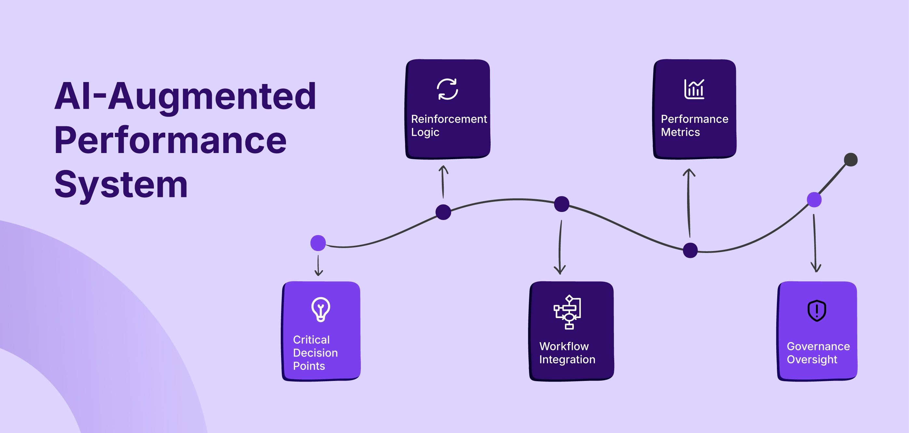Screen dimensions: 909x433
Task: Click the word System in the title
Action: tap(121, 185)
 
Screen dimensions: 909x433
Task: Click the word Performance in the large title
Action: tap(170, 140)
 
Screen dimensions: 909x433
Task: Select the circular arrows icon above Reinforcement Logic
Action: tap(447, 89)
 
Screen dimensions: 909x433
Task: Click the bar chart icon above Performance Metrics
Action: tap(694, 89)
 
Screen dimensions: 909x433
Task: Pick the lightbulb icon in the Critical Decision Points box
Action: tap(321, 309)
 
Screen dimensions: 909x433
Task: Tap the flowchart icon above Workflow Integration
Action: tap(567, 312)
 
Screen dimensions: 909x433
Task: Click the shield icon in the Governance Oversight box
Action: tap(817, 311)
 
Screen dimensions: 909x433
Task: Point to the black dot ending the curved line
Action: tap(851, 160)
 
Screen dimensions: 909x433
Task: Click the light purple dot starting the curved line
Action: tap(318, 243)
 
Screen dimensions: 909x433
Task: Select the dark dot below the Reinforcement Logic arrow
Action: tap(443, 212)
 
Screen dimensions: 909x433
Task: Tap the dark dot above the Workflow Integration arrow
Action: tap(562, 204)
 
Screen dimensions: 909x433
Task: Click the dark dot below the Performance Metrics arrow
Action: tap(690, 250)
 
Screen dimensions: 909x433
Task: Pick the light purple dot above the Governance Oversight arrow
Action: tap(814, 200)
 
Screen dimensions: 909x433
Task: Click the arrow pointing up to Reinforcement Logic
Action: tap(443, 182)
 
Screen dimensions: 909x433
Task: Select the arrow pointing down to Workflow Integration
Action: tap(560, 247)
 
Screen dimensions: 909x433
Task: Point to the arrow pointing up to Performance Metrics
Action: tap(689, 203)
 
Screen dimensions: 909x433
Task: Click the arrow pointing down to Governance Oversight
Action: tap(815, 243)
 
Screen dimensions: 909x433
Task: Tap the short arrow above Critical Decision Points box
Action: tap(318, 266)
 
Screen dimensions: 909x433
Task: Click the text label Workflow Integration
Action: tap(567, 353)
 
